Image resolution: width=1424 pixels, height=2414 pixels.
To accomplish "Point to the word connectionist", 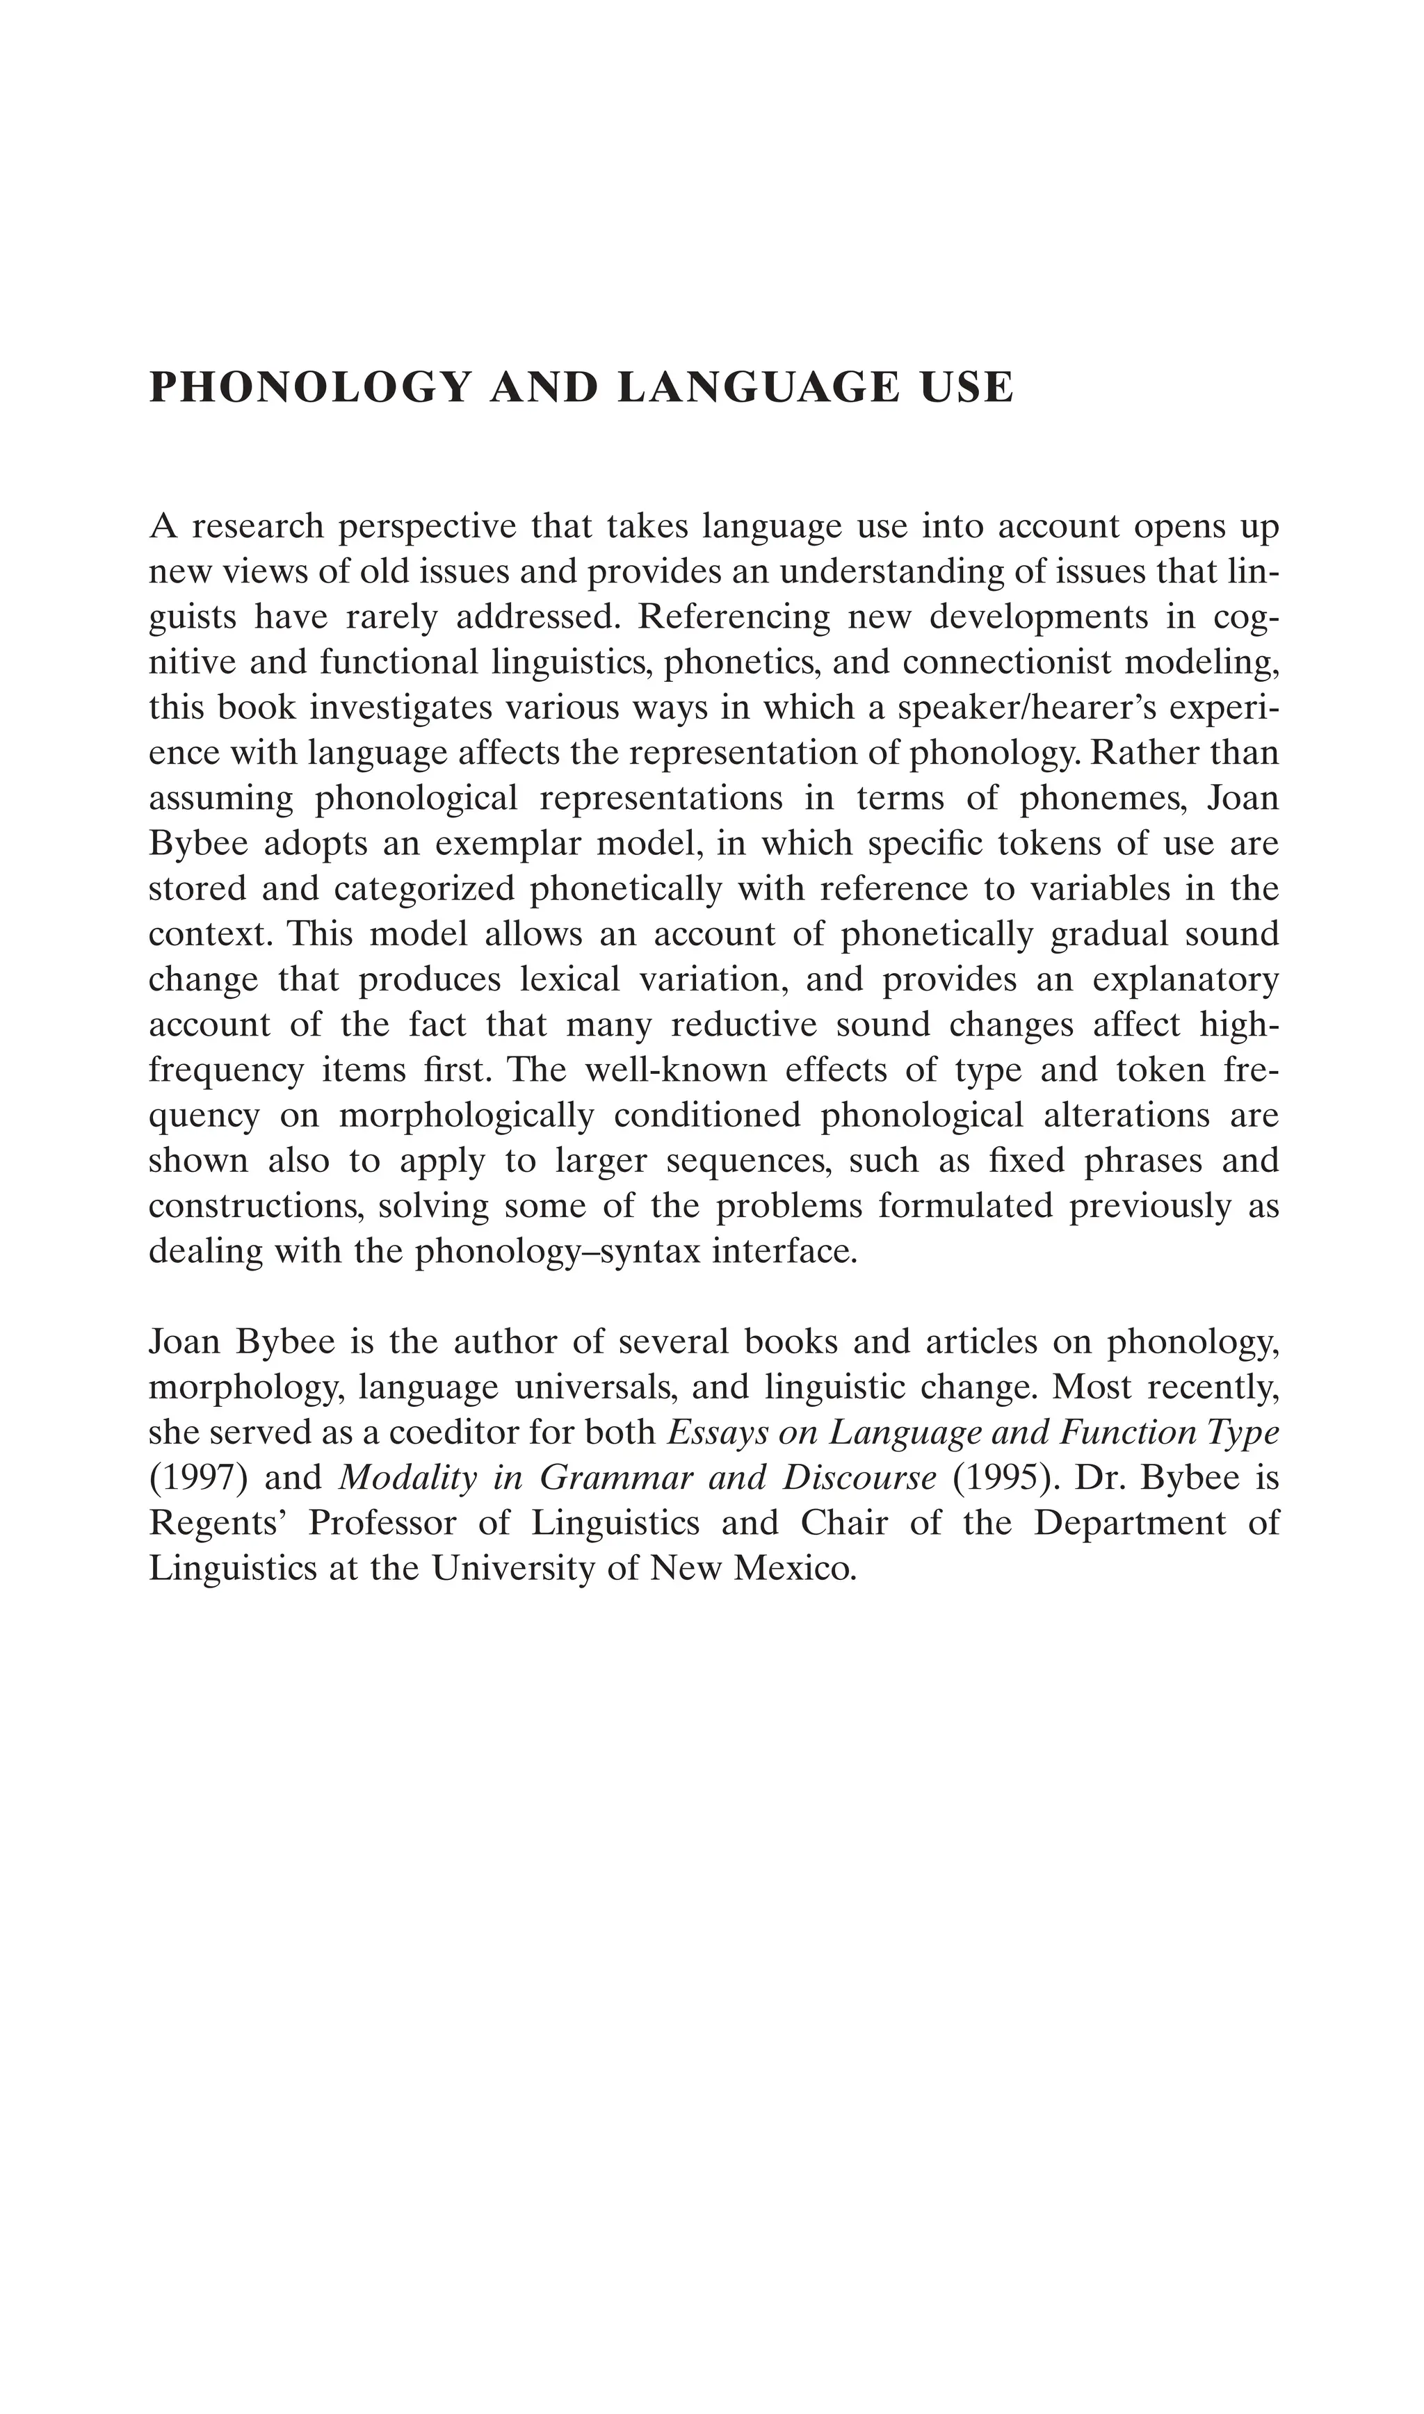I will click(1004, 662).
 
